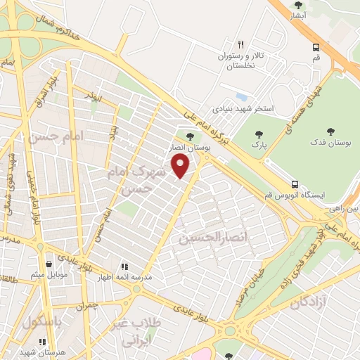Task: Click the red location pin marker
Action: click(181, 166)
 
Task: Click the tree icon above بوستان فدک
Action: click(331, 131)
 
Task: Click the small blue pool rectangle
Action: click(242, 96)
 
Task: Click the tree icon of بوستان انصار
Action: click(189, 136)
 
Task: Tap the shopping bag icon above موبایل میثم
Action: click(48, 265)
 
